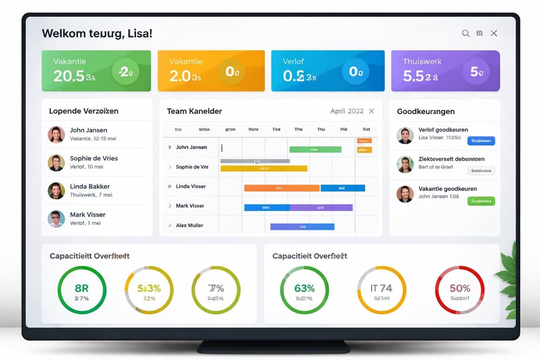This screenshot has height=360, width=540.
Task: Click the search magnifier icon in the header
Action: (x=466, y=33)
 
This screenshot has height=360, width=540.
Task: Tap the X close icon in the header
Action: (x=494, y=33)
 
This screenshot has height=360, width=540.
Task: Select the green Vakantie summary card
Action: (x=96, y=71)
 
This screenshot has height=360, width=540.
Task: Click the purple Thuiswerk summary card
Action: (x=445, y=71)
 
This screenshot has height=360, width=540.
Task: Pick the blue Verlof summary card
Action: (x=328, y=71)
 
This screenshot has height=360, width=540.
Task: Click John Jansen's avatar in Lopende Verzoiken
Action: (x=56, y=135)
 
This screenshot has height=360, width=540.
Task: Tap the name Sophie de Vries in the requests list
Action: (x=94, y=158)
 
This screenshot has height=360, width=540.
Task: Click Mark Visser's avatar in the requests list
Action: (x=56, y=219)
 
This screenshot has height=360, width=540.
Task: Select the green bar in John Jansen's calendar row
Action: (x=315, y=149)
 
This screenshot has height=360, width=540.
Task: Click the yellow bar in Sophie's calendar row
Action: (x=264, y=169)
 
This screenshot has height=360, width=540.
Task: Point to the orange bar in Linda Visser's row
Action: (x=282, y=188)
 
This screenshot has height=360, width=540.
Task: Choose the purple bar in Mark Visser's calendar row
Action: (x=321, y=207)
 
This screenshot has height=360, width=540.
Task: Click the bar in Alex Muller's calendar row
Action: (x=302, y=227)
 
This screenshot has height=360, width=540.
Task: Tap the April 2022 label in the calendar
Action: (x=346, y=111)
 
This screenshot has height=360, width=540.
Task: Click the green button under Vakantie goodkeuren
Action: (x=481, y=201)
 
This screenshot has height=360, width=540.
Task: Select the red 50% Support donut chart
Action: (x=459, y=290)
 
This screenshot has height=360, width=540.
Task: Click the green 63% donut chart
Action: (x=304, y=290)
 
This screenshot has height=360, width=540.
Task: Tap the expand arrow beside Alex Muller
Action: (x=170, y=225)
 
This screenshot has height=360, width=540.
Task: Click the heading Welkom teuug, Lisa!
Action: (x=97, y=33)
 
